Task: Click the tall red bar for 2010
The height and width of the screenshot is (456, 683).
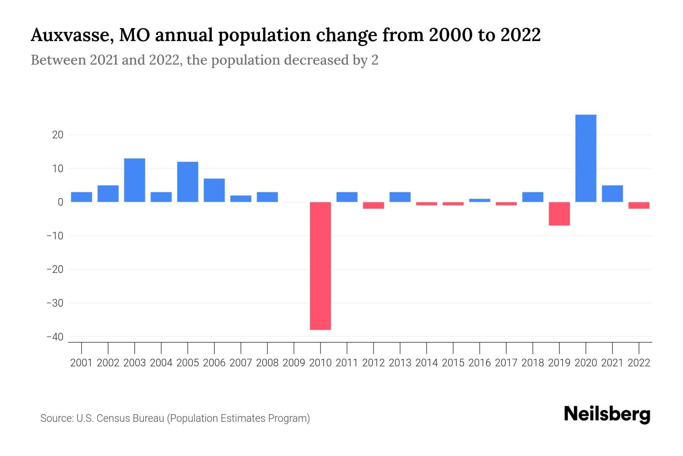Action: click(x=320, y=266)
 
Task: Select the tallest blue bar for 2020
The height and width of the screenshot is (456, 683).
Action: click(x=585, y=158)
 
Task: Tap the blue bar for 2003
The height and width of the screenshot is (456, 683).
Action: click(x=135, y=180)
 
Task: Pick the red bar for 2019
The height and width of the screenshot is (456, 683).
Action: click(x=559, y=214)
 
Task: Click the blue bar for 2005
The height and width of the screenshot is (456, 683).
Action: click(x=188, y=182)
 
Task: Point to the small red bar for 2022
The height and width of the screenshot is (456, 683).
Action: click(x=639, y=205)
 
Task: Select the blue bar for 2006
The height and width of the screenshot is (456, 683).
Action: click(x=214, y=190)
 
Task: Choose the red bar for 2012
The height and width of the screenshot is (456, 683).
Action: click(x=373, y=205)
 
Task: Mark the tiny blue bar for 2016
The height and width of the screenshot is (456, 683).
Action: click(x=480, y=200)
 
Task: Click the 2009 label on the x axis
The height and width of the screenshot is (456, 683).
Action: click(x=294, y=363)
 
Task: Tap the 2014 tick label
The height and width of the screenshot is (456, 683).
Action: click(x=426, y=363)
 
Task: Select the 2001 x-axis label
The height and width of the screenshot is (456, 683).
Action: click(x=82, y=363)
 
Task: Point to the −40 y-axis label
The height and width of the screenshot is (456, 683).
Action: click(x=55, y=337)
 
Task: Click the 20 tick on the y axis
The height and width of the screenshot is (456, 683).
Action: click(x=58, y=135)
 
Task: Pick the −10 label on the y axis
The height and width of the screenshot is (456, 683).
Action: click(x=55, y=236)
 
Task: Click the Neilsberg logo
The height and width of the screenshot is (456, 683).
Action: click(x=607, y=414)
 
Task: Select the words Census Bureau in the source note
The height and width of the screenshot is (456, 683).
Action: click(x=131, y=418)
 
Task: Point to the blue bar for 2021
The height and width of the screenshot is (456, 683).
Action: click(x=612, y=193)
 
